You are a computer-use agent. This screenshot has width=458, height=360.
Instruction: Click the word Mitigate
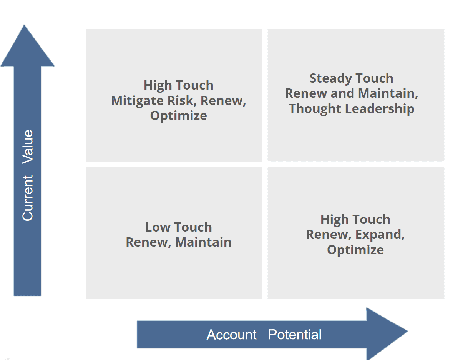[138, 101]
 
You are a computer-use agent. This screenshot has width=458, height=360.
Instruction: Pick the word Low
[158, 227]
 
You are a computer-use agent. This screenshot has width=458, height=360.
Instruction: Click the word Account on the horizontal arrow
[232, 335]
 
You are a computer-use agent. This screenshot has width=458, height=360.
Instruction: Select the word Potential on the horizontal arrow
[295, 335]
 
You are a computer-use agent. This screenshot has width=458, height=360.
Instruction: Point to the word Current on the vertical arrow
[28, 198]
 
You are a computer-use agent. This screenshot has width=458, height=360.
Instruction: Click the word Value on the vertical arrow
[28, 147]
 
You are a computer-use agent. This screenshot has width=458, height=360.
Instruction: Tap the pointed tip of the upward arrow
[24, 25]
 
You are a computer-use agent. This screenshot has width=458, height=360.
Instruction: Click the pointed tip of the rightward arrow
[407, 331]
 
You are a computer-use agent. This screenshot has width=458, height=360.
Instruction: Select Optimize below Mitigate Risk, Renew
[178, 116]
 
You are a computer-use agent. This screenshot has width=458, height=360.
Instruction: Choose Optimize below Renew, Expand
[355, 250]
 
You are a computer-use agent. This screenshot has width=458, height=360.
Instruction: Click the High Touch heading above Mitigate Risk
[178, 86]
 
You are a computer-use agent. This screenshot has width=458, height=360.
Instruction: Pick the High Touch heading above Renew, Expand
[355, 220]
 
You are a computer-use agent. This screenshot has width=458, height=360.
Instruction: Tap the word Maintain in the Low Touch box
[203, 242]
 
